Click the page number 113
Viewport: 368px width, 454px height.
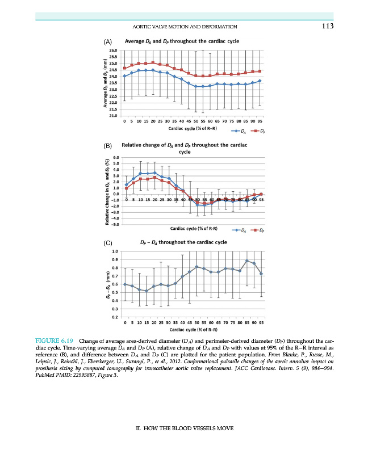(326, 27)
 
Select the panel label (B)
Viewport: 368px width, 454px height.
(108, 146)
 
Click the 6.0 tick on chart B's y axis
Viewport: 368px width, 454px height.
(115, 157)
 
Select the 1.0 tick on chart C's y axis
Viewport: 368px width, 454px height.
(115, 251)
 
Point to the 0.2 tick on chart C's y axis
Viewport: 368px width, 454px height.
(115, 317)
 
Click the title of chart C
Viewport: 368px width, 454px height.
(183, 242)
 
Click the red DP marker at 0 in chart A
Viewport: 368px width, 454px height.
(124, 68)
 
